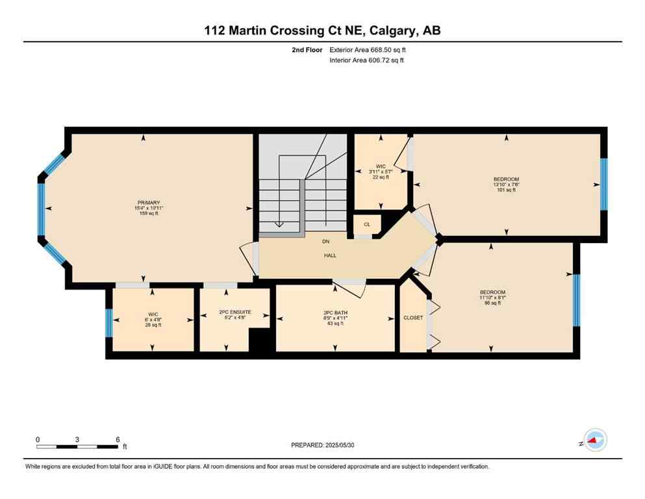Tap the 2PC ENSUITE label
[x=234, y=313]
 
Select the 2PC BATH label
[x=336, y=313]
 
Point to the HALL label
[x=330, y=255]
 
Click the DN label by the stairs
[x=327, y=242]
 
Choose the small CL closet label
[x=367, y=225]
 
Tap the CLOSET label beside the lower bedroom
[x=413, y=318]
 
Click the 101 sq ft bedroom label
[x=506, y=185]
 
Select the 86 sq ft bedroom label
[x=492, y=298]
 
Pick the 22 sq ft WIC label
[x=380, y=172]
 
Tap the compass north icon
[x=594, y=441]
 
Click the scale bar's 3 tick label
[x=77, y=439]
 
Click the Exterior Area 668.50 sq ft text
[x=369, y=49]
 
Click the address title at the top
[x=322, y=31]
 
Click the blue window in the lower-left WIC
[x=108, y=323]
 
